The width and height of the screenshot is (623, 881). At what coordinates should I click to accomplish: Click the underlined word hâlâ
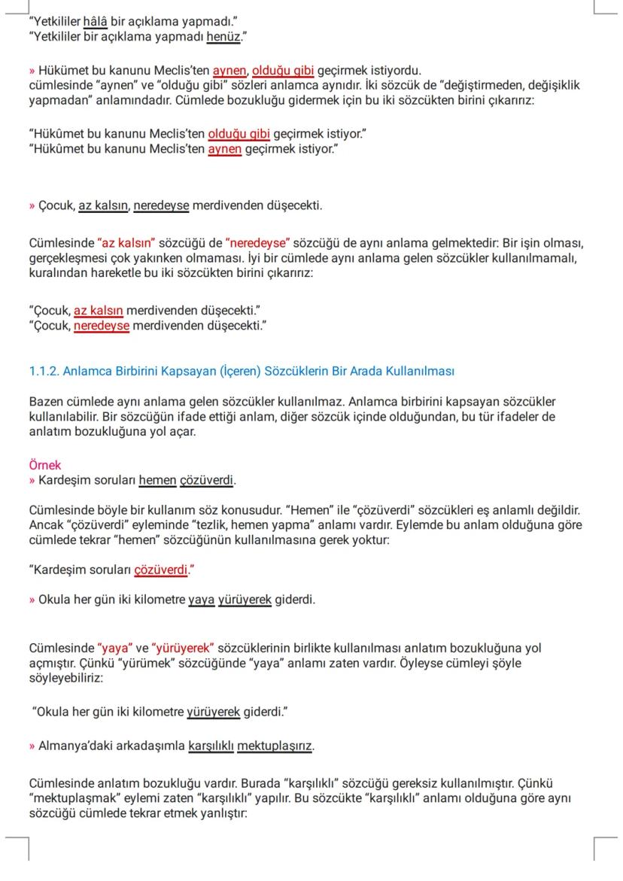coord(96,21)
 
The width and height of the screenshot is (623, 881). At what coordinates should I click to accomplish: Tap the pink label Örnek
coord(44,466)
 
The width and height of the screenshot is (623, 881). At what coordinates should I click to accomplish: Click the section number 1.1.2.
coord(43,372)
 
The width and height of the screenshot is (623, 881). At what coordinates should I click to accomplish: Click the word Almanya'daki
coord(72,746)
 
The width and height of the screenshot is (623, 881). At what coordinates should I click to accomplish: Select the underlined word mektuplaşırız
coord(275,746)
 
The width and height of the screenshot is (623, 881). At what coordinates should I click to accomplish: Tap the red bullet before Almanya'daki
coord(32,746)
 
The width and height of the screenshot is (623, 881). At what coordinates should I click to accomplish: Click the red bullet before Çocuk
coord(32,205)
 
